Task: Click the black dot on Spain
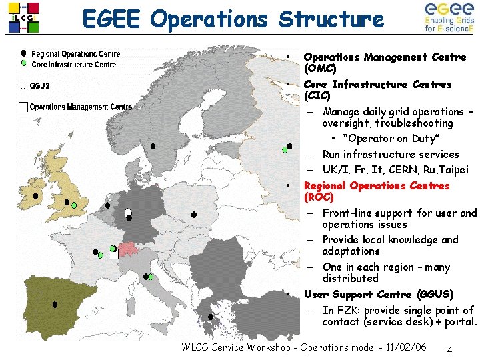tap(55, 305)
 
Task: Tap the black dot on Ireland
tap(35, 197)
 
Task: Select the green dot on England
tap(74, 205)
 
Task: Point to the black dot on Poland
tap(194, 215)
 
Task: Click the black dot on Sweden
tap(153, 146)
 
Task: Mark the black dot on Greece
tap(211, 317)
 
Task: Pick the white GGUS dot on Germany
tap(128, 213)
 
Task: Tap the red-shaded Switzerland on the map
tap(127, 249)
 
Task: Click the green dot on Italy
tap(151, 277)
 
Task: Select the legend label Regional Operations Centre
tap(76, 54)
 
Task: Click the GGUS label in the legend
tap(39, 85)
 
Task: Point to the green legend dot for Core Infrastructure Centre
tap(24, 63)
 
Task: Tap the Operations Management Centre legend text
tap(81, 107)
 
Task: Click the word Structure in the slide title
tap(331, 19)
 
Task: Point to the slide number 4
tap(450, 350)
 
